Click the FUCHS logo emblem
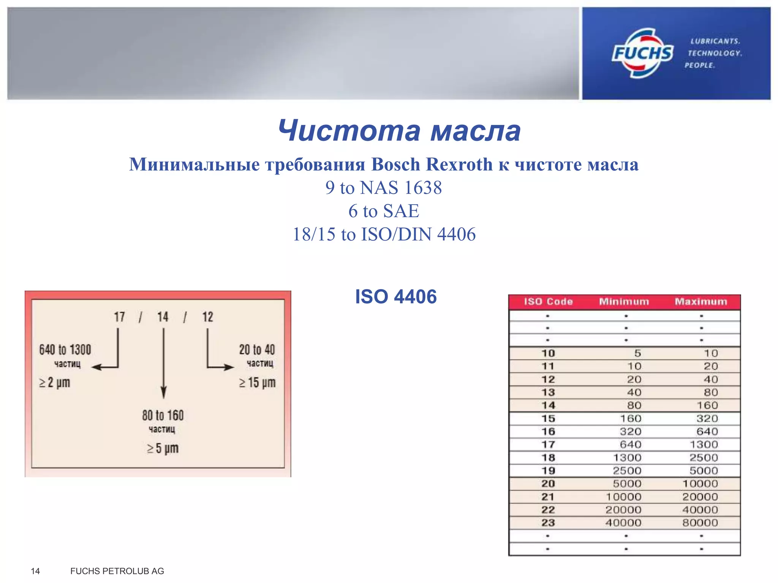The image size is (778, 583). [x=642, y=53]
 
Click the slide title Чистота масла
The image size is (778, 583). [x=399, y=131]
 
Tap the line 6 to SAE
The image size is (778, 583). [x=384, y=211]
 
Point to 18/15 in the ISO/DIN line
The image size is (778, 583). [x=314, y=234]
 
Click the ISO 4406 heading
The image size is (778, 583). [x=396, y=296]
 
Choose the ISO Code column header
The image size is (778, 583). [x=548, y=302]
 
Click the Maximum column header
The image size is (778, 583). [x=701, y=302]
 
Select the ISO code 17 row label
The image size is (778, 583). [x=548, y=444]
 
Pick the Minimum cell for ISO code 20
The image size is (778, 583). [x=627, y=484]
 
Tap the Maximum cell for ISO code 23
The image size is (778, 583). [x=700, y=523]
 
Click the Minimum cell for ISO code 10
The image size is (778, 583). [x=637, y=353]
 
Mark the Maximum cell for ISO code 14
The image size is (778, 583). [x=707, y=405]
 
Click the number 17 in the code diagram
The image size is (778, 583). [x=119, y=317]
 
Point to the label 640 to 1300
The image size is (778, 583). [x=65, y=350]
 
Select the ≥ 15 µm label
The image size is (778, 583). [x=257, y=383]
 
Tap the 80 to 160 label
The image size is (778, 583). [x=163, y=415]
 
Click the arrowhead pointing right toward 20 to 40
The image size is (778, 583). [x=229, y=367]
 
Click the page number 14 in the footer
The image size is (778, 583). [x=35, y=571]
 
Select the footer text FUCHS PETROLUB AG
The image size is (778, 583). [x=117, y=571]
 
